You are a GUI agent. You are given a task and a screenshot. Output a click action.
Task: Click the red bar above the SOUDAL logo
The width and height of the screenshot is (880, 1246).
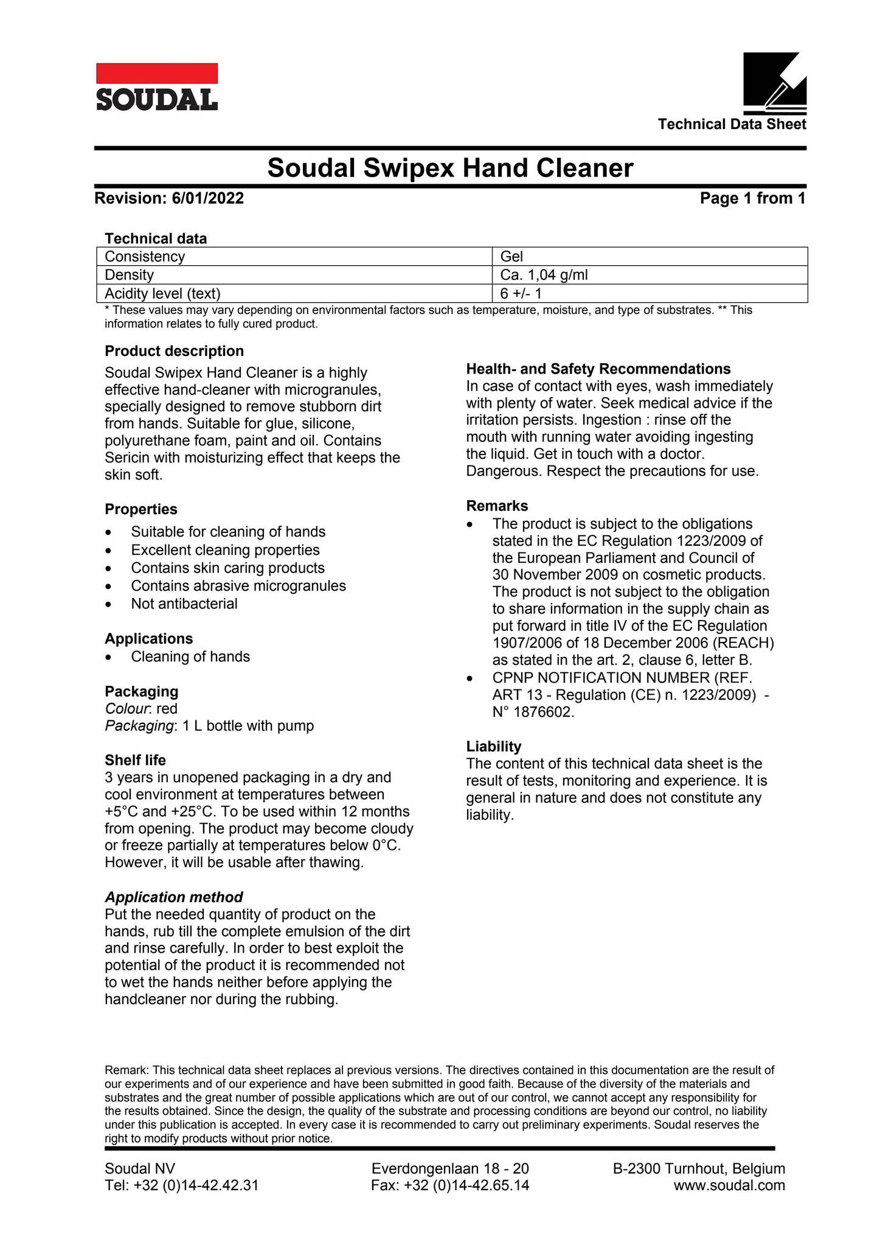tap(157, 73)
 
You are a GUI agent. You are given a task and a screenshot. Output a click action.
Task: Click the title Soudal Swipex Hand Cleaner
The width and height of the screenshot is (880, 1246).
tap(450, 168)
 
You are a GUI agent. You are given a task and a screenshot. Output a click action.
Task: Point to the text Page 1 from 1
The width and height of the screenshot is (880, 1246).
tap(752, 198)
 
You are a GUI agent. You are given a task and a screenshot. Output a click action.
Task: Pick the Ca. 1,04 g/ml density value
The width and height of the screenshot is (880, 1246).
tap(544, 275)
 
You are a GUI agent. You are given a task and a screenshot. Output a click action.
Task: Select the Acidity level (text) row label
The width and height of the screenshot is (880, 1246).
tap(162, 294)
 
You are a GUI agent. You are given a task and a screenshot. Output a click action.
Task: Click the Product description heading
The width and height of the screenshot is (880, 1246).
tap(174, 351)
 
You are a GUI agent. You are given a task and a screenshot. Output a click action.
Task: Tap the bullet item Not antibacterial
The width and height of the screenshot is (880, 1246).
tap(184, 604)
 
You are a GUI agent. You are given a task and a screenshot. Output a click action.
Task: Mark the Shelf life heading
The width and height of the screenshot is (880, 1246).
tap(135, 760)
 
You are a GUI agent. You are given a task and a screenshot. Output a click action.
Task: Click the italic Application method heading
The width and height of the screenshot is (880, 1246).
tap(173, 897)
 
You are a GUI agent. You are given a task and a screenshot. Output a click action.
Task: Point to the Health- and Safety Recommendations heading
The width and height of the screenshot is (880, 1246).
tap(598, 369)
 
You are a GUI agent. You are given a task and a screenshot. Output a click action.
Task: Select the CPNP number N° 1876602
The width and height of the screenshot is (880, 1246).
tap(533, 712)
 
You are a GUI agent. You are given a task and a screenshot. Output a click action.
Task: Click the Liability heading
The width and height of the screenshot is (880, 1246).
tap(493, 747)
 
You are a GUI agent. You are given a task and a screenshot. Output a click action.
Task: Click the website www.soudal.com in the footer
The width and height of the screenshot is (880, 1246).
tap(729, 1185)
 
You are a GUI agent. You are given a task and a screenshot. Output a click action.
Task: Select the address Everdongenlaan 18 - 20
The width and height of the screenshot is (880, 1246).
tap(449, 1168)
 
